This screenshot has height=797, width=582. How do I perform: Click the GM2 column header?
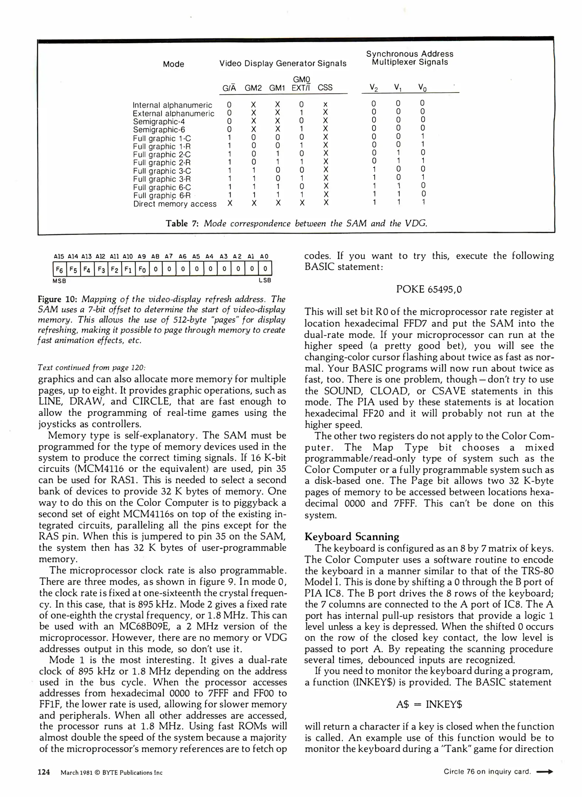253,88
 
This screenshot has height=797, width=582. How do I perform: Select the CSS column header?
325,88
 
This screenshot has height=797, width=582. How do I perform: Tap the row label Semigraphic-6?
159,130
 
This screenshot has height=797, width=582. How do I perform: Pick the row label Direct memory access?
175,204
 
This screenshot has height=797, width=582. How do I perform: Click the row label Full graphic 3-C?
162,171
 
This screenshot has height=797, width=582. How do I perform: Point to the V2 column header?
374,88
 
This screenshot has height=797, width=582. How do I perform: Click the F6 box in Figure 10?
59,269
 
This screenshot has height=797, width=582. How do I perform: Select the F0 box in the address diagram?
142,269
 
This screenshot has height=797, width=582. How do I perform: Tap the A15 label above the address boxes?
59,256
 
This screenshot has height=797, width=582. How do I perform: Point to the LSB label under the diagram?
265,280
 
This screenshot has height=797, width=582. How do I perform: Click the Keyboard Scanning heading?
352,536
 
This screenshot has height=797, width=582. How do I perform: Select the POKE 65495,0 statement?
429,289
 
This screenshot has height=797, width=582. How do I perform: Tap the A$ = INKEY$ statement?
429,704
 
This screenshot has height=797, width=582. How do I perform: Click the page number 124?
44,772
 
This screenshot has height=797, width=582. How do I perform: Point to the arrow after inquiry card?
544,772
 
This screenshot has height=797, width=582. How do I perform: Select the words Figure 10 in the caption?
57,299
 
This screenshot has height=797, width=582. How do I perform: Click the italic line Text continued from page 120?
92,368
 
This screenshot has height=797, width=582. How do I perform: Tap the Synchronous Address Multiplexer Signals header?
409,58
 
